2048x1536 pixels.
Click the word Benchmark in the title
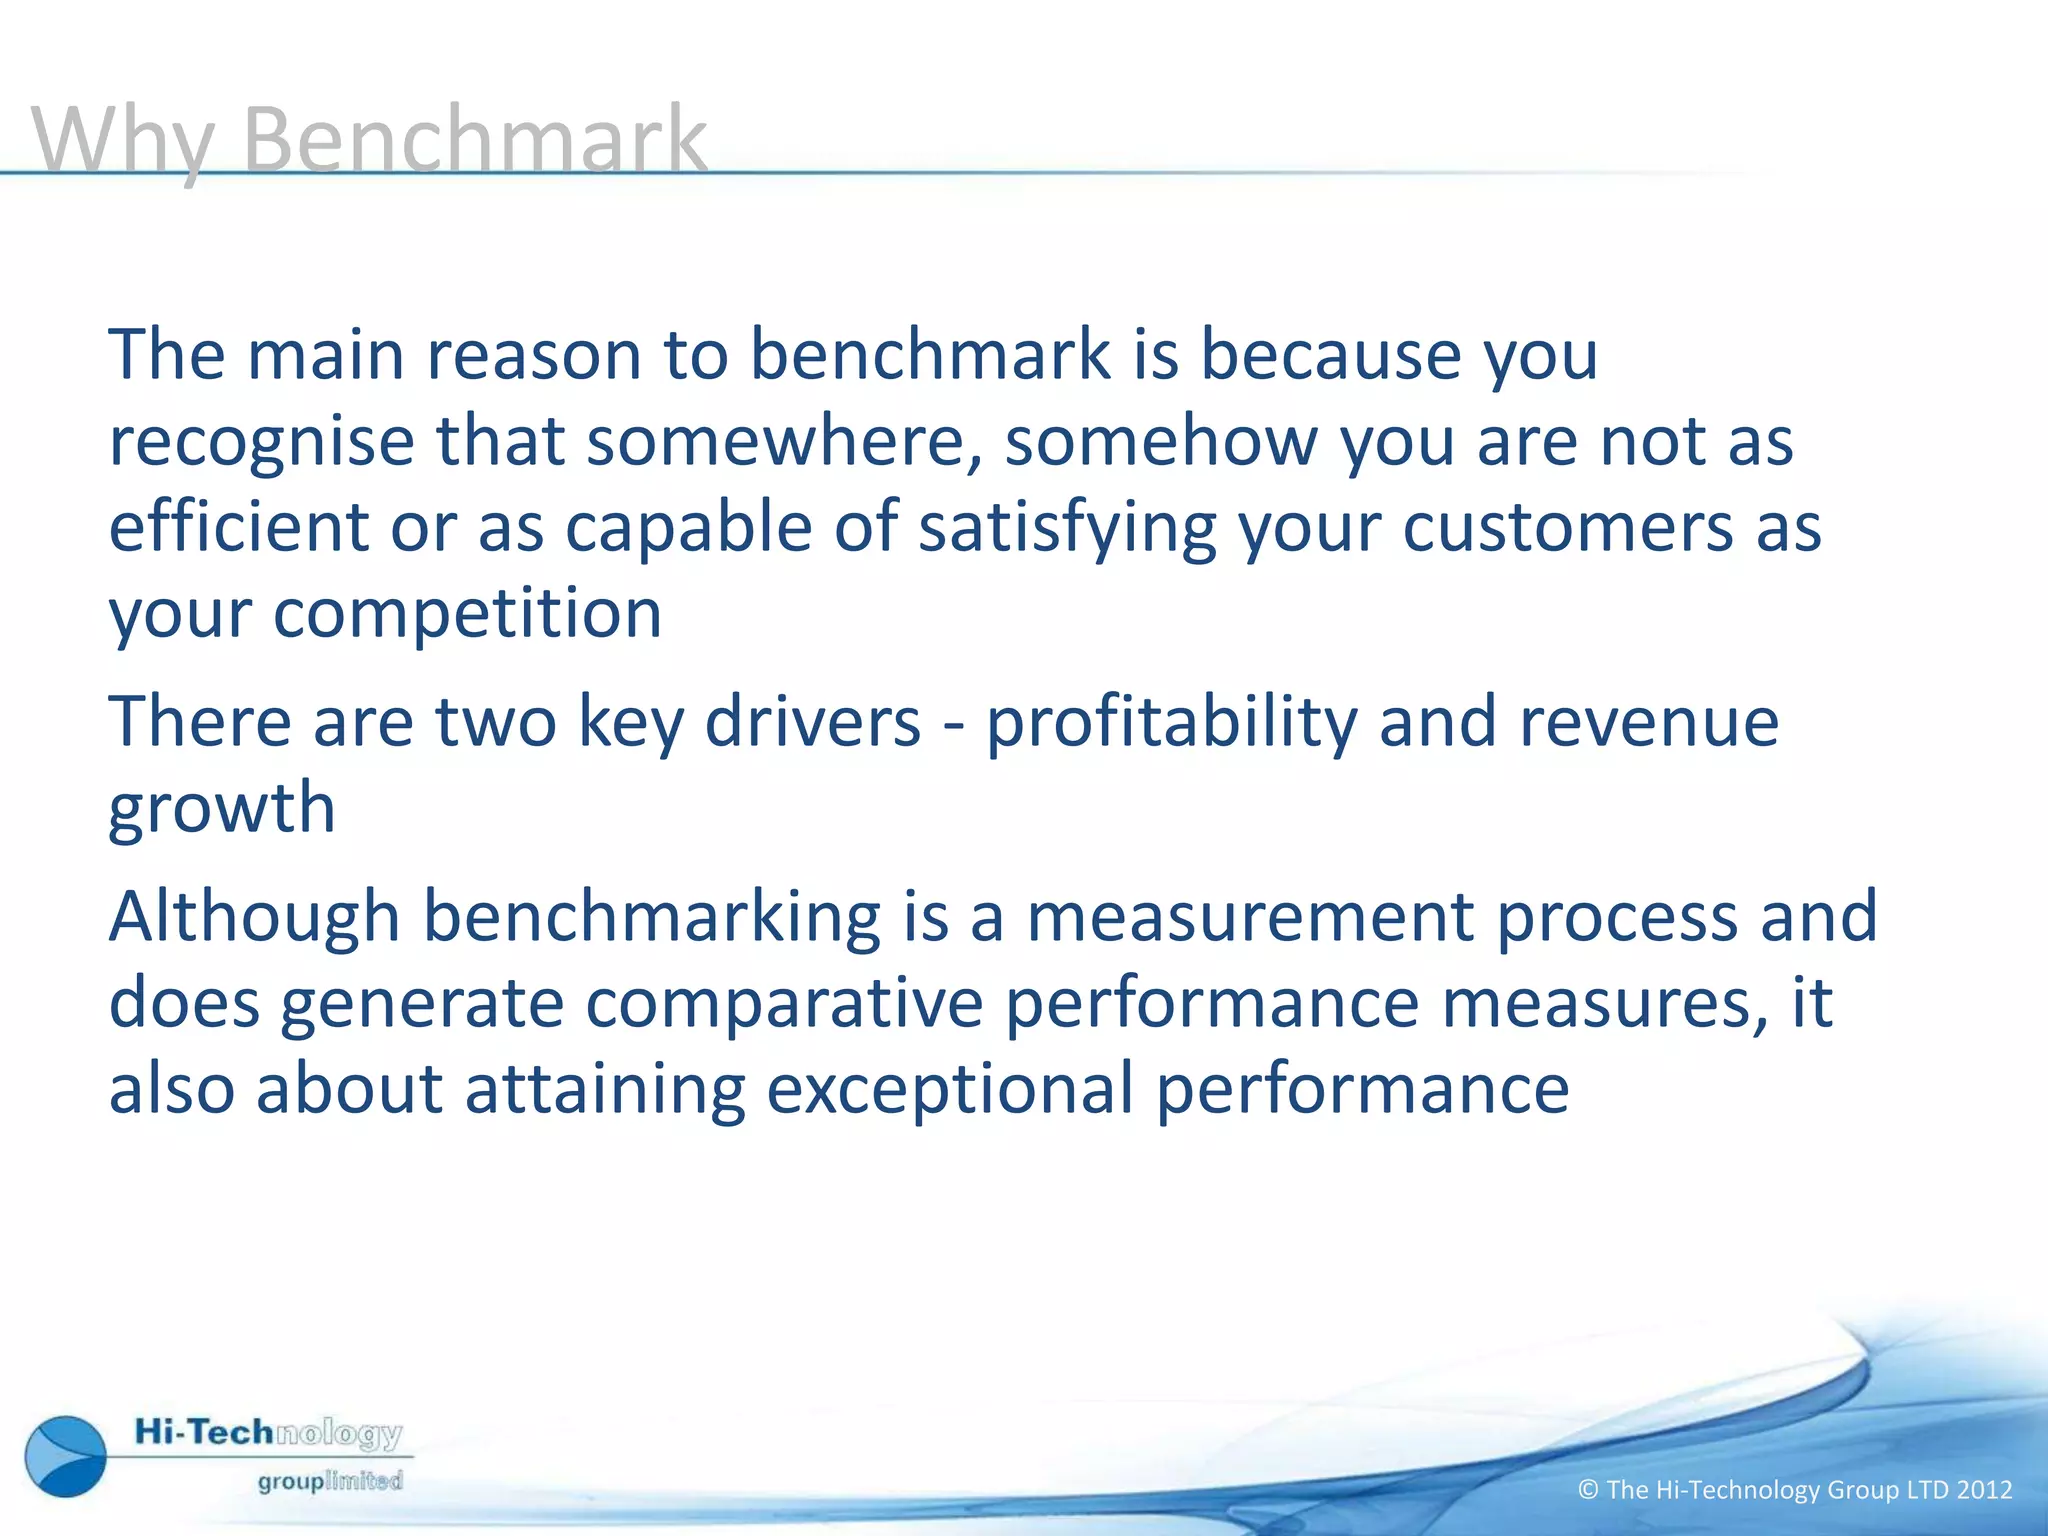click(474, 140)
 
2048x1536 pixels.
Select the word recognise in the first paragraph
click(261, 442)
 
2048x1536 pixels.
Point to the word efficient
click(238, 527)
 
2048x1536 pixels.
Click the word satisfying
click(1067, 529)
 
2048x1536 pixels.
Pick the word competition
click(467, 613)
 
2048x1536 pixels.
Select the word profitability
click(1171, 723)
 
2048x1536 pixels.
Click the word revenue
click(1649, 723)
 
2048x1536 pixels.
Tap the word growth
click(221, 809)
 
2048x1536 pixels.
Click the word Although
click(254, 917)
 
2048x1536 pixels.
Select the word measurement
click(1250, 917)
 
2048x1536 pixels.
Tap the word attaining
click(605, 1090)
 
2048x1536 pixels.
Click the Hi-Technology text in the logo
click(268, 1433)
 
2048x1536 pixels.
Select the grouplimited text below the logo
click(330, 1481)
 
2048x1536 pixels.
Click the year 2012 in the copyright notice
click(1984, 1490)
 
